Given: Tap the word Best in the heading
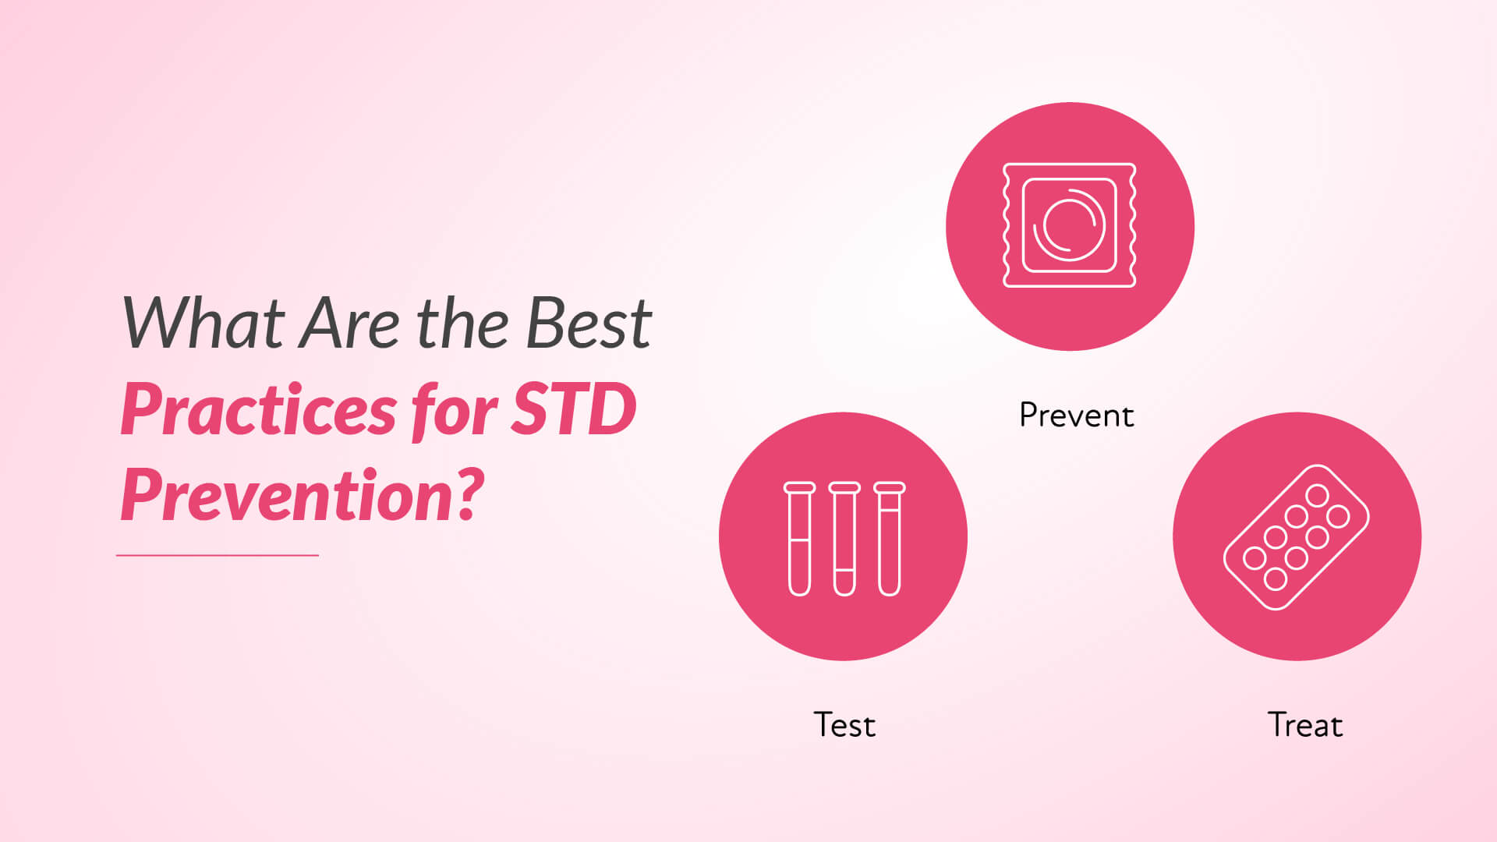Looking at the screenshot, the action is (589, 322).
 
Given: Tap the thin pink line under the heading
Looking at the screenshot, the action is (218, 555).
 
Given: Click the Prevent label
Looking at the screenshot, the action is (1076, 416).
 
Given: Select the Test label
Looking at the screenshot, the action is (844, 725).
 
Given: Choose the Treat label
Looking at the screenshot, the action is (1305, 725).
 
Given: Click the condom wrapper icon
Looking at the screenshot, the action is (1069, 225).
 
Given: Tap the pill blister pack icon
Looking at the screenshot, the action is (1296, 537).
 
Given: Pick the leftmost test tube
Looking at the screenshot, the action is (799, 539).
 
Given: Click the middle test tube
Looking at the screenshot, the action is (844, 539).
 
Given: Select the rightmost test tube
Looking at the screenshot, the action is (890, 539).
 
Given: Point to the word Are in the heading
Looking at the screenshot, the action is (350, 322).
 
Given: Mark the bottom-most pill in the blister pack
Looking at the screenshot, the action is (1276, 578).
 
